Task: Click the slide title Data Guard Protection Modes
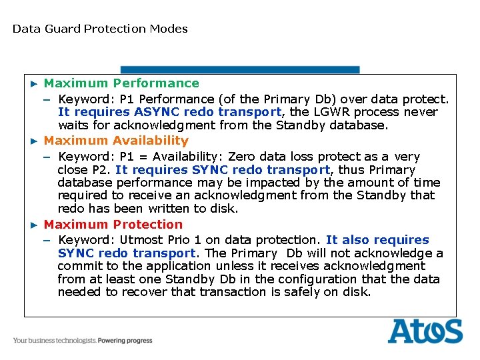click(x=100, y=29)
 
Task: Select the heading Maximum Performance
click(x=121, y=83)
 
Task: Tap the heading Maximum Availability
click(x=116, y=141)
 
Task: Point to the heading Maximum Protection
click(x=113, y=225)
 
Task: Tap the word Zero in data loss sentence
click(x=241, y=157)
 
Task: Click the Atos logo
click(x=425, y=331)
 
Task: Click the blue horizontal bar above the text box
click(x=240, y=69)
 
